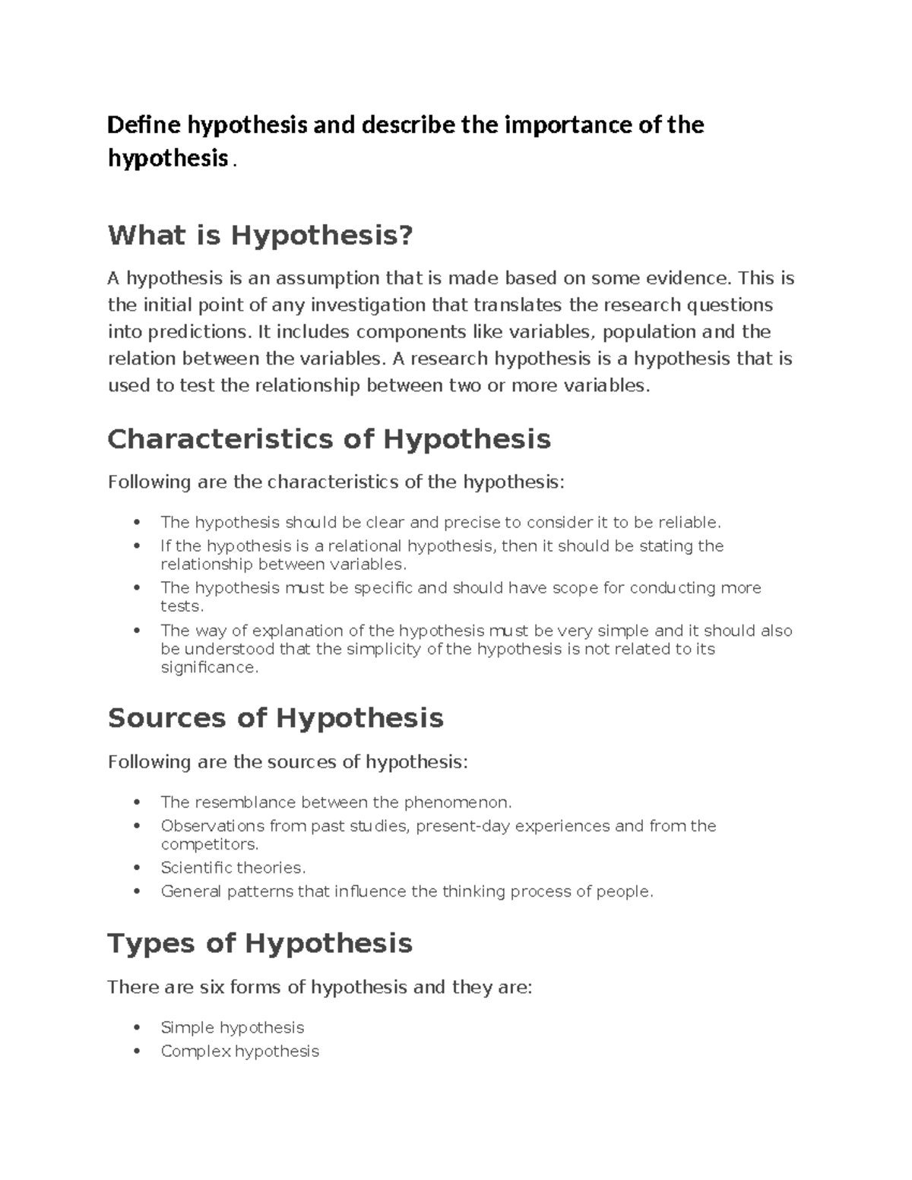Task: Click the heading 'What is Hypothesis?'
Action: [260, 236]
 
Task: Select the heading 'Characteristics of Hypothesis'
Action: [329, 439]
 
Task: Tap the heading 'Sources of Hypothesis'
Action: [275, 718]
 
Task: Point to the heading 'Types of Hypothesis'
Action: [260, 944]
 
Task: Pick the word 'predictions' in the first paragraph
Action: [204, 332]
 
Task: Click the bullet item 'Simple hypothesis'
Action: [232, 1028]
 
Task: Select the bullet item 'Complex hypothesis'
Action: [239, 1052]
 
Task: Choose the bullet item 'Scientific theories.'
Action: [233, 868]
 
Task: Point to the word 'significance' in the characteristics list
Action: [209, 667]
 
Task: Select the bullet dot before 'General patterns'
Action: [137, 891]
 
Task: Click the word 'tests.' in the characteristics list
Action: [182, 606]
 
